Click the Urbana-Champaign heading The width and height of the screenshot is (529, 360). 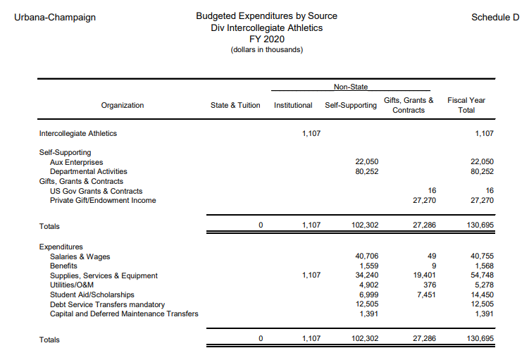(55, 16)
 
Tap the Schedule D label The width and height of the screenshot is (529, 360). (495, 16)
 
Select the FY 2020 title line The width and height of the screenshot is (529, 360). (266, 39)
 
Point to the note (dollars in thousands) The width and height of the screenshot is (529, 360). (266, 50)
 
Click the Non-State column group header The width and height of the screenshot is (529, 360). (350, 87)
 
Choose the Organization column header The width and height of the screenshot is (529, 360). (123, 105)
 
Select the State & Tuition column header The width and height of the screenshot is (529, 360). (235, 105)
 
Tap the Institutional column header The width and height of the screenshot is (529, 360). (293, 105)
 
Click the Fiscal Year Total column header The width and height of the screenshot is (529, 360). (466, 105)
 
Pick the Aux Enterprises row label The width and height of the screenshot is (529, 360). (76, 162)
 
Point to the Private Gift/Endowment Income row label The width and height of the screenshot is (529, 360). (103, 200)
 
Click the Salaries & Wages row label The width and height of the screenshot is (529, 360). (80, 256)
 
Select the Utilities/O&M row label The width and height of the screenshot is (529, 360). (72, 285)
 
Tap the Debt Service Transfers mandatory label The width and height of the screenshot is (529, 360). (107, 304)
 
